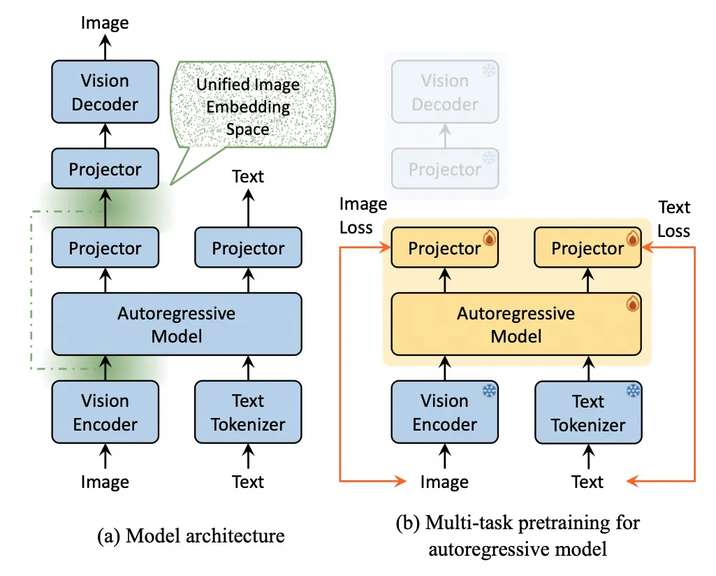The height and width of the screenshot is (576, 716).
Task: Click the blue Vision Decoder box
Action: (105, 92)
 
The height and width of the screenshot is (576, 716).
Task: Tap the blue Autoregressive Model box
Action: (177, 324)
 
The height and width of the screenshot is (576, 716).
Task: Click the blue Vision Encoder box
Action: (105, 412)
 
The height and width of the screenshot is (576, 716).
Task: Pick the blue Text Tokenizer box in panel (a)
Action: (248, 412)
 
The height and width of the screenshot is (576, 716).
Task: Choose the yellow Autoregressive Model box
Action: (516, 324)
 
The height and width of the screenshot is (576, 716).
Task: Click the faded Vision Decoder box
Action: (445, 92)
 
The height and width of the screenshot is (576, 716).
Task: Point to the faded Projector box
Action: (445, 169)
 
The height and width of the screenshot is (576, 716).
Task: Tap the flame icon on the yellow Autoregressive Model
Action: (632, 304)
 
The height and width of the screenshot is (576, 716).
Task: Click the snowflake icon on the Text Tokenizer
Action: (633, 391)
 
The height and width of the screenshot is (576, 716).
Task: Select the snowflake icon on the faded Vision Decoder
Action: (490, 71)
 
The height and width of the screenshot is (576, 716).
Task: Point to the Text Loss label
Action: (673, 219)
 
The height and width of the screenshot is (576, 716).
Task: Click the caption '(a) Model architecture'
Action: (191, 536)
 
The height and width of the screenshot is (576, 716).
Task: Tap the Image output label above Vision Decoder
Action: (105, 22)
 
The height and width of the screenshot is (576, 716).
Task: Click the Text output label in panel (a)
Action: (248, 176)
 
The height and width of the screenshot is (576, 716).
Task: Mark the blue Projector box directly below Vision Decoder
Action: (105, 169)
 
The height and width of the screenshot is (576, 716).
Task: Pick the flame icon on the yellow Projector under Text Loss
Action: (632, 239)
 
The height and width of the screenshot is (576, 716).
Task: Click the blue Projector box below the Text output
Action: (248, 248)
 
